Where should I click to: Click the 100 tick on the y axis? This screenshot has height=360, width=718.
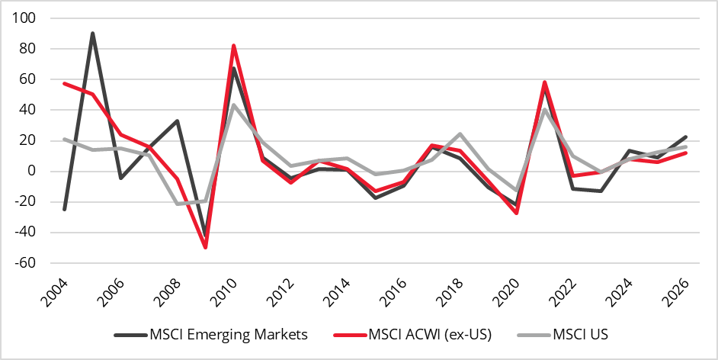33,18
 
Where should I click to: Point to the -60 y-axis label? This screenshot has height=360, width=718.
30,262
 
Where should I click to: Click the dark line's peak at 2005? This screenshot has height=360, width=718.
92,34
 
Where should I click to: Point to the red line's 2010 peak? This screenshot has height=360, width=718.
233,46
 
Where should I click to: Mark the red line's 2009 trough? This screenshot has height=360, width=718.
205,247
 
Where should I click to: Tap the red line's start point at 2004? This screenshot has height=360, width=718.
64,83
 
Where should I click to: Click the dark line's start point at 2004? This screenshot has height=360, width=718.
64,209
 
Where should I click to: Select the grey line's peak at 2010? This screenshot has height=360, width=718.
233,104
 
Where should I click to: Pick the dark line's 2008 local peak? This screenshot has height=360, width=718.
177,121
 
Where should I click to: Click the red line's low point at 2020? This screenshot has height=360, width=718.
517,213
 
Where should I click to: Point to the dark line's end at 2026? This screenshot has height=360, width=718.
687,137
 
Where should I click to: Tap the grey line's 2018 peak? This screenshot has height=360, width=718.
460,134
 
